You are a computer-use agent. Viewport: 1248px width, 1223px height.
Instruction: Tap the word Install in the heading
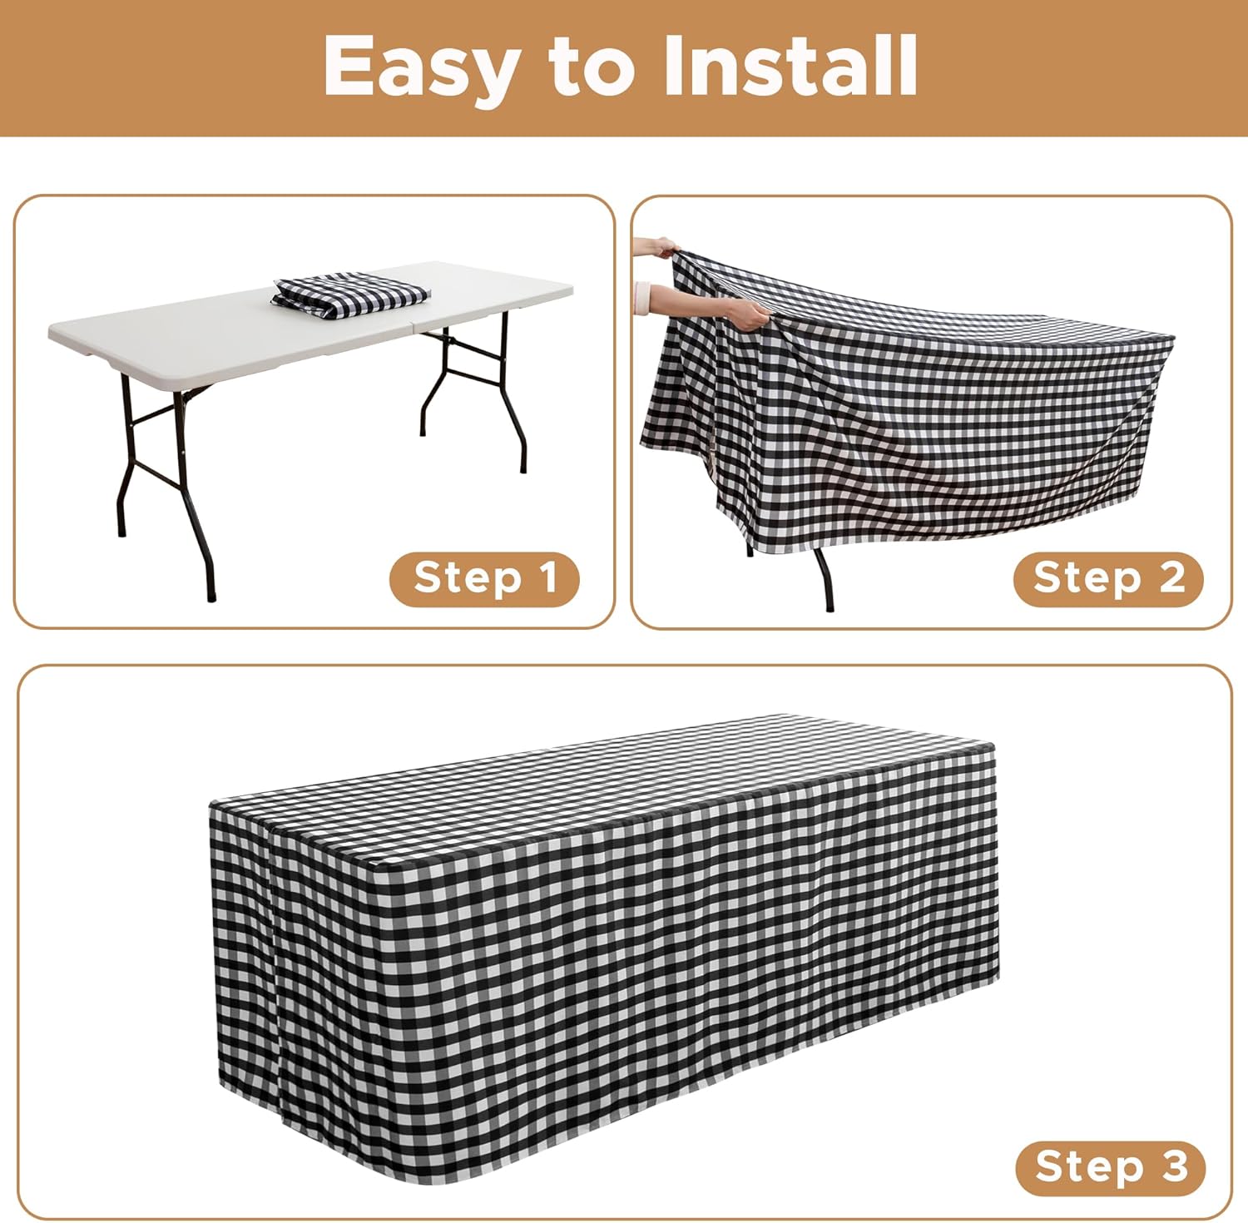(790, 66)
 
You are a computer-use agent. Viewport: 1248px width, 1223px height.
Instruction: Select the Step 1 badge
(484, 578)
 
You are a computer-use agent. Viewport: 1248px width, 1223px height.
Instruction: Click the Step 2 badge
(1108, 578)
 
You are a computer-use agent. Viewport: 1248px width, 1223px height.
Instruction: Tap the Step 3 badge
(1111, 1166)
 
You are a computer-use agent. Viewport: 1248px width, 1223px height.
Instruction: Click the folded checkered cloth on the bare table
(350, 293)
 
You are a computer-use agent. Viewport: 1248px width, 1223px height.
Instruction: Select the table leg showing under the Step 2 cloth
(824, 578)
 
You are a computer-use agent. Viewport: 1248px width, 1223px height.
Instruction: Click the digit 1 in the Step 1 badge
(547, 577)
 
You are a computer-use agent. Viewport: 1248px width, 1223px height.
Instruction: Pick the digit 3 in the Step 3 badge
(1174, 1166)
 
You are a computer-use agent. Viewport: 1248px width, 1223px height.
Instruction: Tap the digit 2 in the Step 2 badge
(1172, 577)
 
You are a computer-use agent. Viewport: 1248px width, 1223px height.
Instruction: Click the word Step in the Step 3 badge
(1090, 1166)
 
